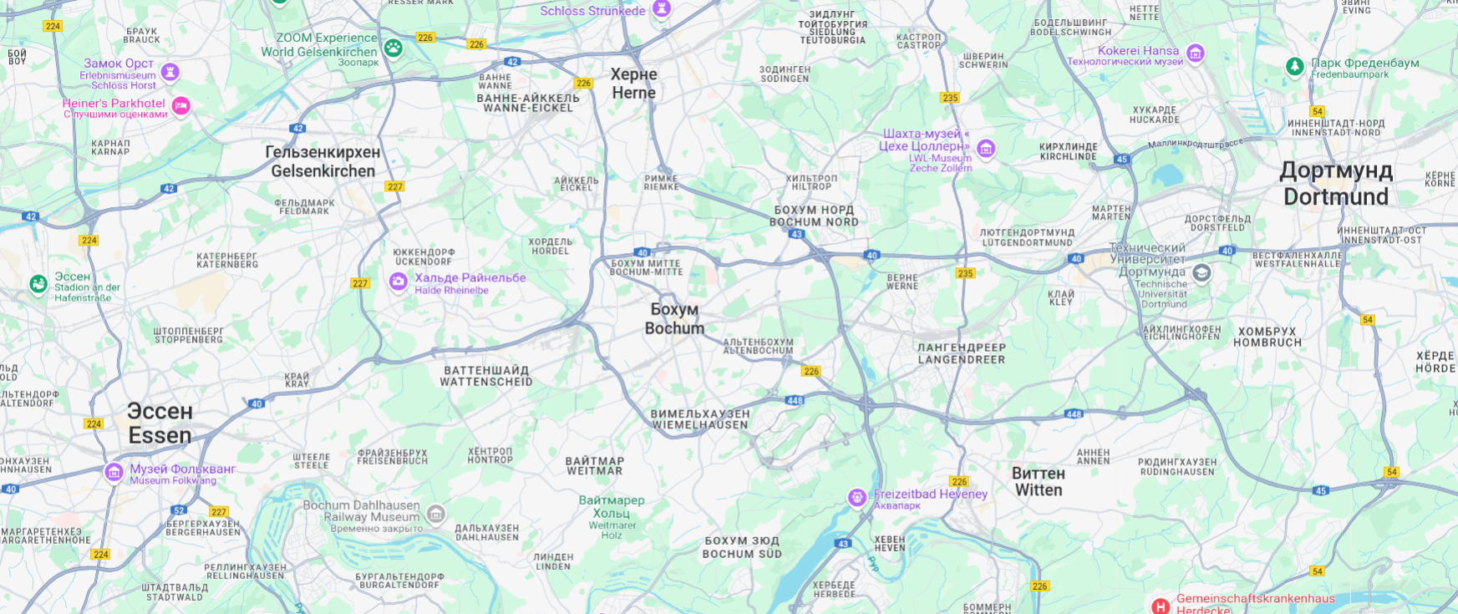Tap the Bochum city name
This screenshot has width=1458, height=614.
tap(674, 318)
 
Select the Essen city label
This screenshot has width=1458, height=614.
tap(160, 423)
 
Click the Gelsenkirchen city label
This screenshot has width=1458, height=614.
tap(323, 161)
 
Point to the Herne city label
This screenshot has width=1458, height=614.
tap(633, 83)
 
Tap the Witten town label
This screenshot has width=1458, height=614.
tap(1038, 481)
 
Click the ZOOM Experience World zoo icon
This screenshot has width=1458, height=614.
tap(394, 48)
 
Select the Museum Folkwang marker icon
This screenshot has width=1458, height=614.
tap(114, 472)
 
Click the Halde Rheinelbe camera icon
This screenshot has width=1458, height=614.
tap(399, 282)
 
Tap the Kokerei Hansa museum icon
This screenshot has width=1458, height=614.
tap(1196, 53)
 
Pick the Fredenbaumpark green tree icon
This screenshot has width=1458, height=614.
tap(1294, 66)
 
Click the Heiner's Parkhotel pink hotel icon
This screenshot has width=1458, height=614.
tap(180, 106)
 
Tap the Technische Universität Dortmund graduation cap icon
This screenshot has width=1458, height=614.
tap(1201, 273)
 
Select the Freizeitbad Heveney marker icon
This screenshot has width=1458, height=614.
tap(856, 498)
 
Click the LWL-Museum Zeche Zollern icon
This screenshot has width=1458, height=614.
tap(986, 150)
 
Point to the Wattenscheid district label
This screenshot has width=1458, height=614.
tap(486, 376)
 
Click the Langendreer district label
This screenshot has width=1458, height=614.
tap(962, 353)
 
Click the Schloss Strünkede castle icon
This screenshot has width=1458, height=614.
tap(662, 9)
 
